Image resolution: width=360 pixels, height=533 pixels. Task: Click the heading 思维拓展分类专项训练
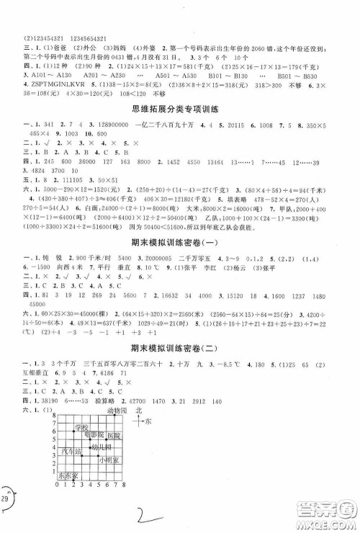pos(180,109)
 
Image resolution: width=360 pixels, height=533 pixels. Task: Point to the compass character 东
pos(148,421)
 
